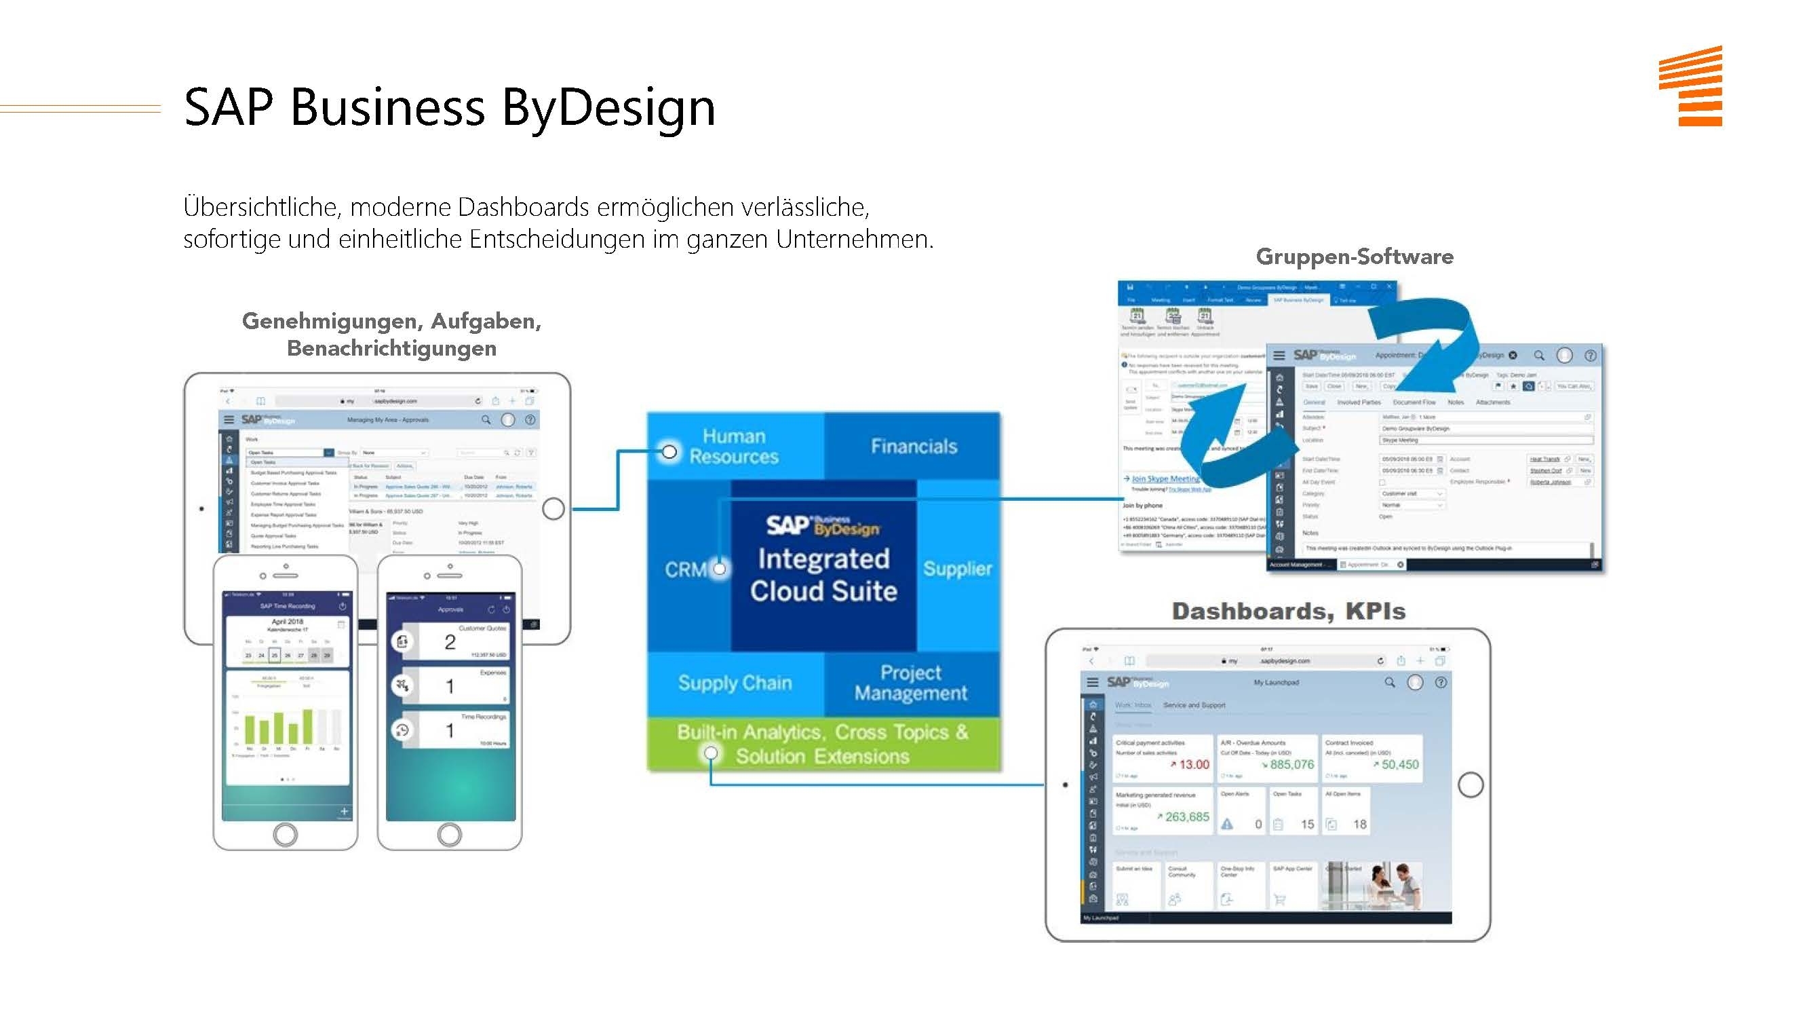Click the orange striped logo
click(x=1690, y=86)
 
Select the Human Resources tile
click(x=734, y=446)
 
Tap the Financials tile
click(x=914, y=446)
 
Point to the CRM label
click(x=685, y=569)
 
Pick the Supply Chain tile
click(x=735, y=683)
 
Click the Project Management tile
click(x=911, y=683)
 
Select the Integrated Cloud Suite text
click(x=823, y=575)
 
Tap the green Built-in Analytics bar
click(x=822, y=744)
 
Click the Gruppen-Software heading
click(x=1354, y=257)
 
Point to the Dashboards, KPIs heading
click(x=1288, y=611)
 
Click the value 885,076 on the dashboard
click(x=1291, y=764)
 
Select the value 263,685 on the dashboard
click(x=1187, y=817)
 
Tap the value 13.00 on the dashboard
click(x=1194, y=764)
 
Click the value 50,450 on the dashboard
click(x=1399, y=764)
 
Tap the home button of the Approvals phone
click(x=450, y=835)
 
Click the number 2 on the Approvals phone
click(x=450, y=642)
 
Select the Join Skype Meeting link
click(x=1165, y=478)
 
